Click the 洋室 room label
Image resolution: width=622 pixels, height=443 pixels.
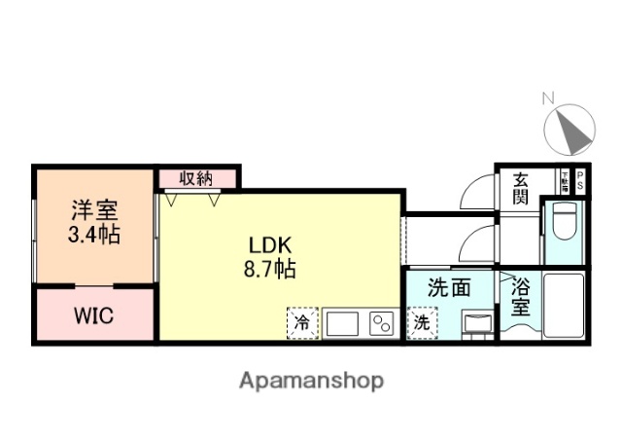point(94,209)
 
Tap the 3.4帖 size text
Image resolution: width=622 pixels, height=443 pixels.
point(94,235)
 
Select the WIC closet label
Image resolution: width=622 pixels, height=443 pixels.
point(94,316)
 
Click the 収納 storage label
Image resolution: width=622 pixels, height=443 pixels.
point(196,178)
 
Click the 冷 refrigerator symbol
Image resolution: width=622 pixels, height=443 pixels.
point(302,322)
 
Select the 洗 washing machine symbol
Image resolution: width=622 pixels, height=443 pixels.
point(422,322)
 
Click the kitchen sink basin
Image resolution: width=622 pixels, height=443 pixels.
point(342,322)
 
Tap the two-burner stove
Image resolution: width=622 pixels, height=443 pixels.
point(380,322)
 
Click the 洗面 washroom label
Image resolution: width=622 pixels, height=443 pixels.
point(450,289)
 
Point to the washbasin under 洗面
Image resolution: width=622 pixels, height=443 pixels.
point(476,322)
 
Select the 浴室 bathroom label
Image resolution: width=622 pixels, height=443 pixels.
point(519,298)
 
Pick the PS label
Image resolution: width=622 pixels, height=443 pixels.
point(580,179)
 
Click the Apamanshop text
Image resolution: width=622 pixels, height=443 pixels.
point(311,380)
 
